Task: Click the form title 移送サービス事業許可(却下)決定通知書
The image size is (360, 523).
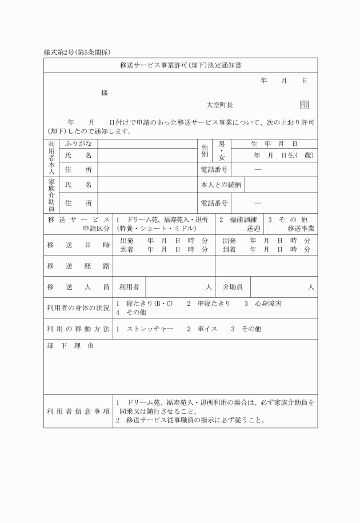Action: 180,66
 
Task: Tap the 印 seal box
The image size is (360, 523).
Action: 304,105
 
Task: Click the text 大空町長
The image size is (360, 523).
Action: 220,105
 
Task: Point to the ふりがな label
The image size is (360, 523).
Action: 78,143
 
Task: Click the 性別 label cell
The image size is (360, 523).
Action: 204,151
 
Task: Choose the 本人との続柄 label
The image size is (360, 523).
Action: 220,185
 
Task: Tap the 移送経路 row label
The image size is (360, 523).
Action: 78,266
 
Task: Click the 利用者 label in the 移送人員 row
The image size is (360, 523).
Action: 129,287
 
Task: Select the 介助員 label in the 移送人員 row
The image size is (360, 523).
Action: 233,287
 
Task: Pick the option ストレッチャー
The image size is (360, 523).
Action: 150,329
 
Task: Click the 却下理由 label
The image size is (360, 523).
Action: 71,346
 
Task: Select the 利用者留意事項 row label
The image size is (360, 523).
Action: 78,411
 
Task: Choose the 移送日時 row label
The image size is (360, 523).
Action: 78,245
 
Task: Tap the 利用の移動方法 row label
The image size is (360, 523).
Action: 78,329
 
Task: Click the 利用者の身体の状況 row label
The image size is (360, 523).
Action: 78,308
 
